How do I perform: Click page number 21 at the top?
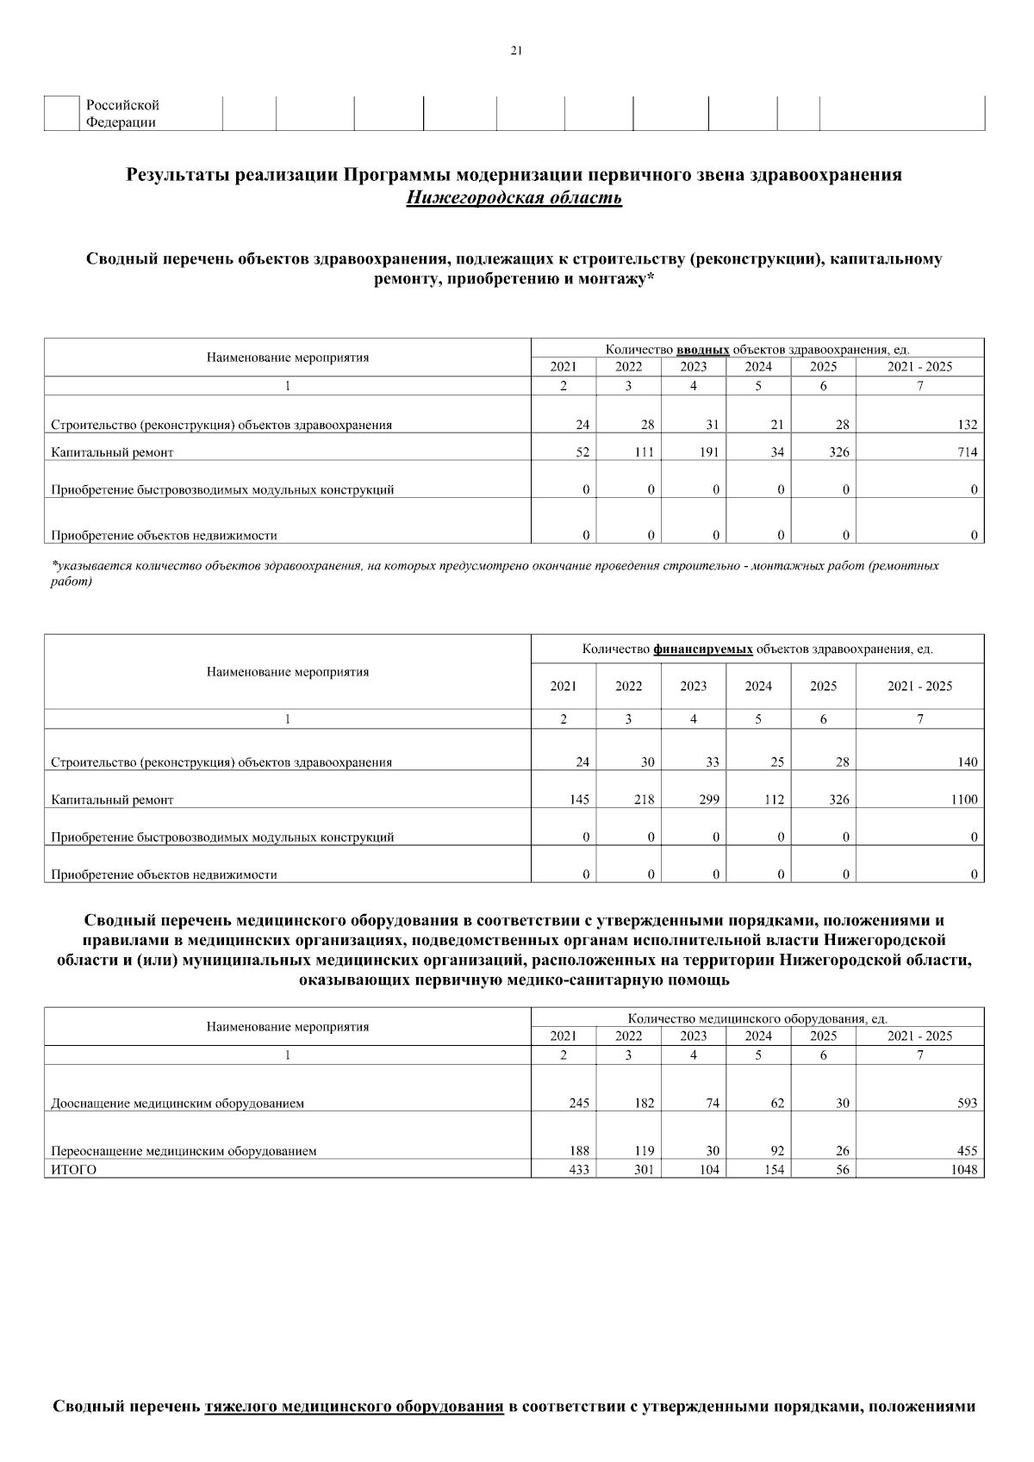tap(516, 51)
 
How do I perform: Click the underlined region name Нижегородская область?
tap(514, 198)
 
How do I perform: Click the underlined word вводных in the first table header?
tap(703, 349)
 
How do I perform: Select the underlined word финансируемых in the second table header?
tap(703, 649)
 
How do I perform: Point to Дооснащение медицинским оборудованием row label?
tap(178, 1103)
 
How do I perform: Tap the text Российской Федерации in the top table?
tap(121, 114)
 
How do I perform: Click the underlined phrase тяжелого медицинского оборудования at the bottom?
tap(354, 1407)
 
